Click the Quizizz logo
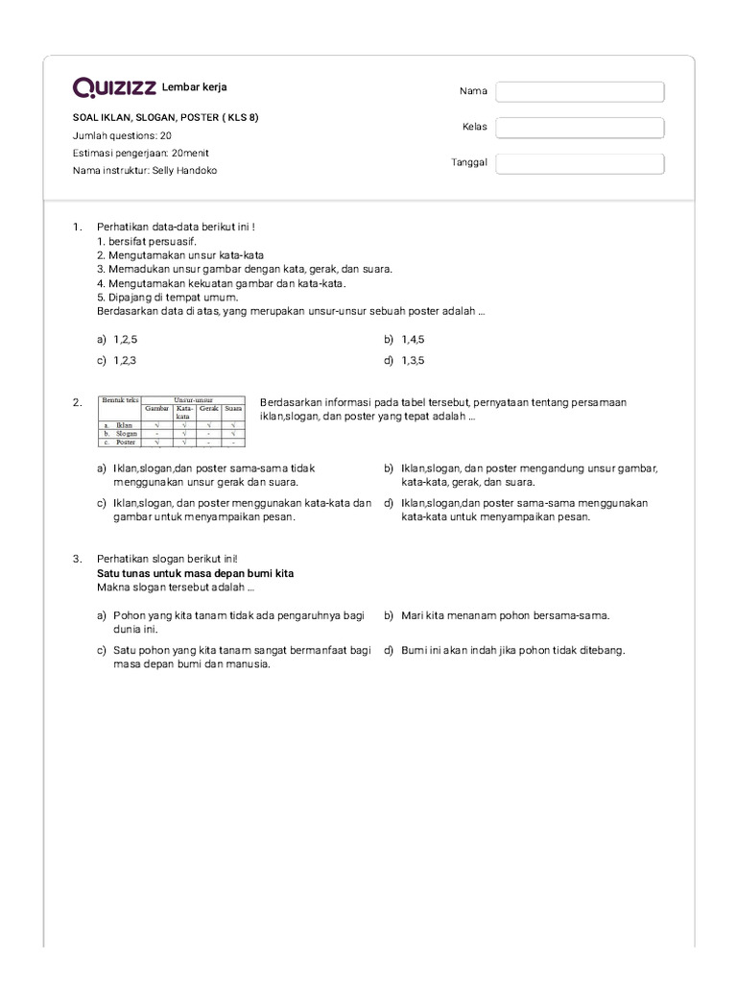114,88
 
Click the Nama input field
580,91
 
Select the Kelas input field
580,128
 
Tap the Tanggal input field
580,163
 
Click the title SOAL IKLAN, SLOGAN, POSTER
165,118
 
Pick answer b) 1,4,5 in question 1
413,340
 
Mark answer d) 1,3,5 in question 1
413,361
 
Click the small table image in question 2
171,420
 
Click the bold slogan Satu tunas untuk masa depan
195,573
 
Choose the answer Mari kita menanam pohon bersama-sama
505,615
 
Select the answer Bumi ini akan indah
512,650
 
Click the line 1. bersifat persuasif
146,242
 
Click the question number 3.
77,559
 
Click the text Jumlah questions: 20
122,135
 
